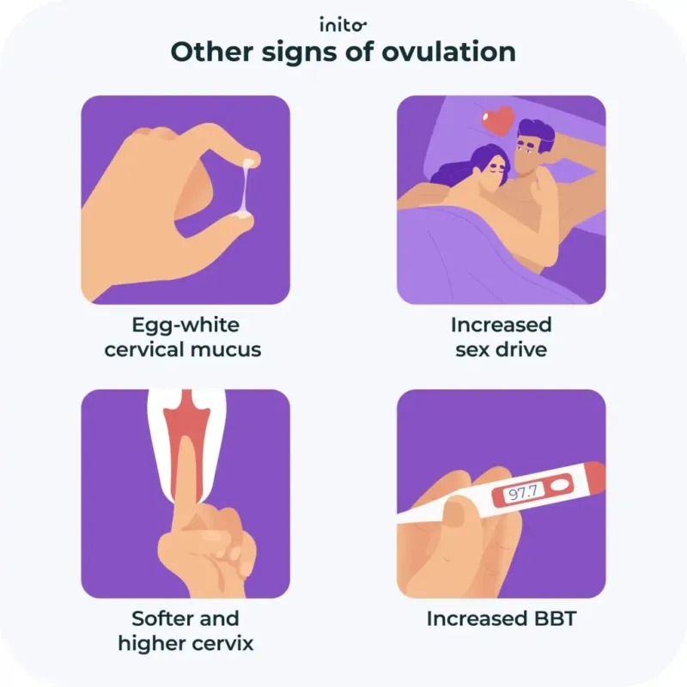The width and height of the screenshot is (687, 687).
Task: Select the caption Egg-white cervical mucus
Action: click(185, 337)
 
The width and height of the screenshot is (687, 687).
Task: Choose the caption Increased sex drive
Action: click(501, 337)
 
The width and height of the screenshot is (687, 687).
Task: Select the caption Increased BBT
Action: click(501, 618)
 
